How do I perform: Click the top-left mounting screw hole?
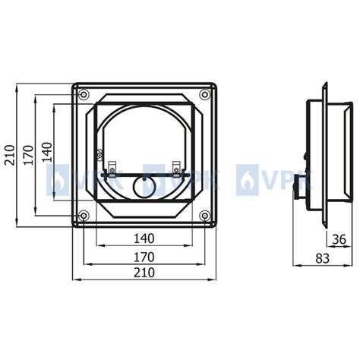tap(84, 95)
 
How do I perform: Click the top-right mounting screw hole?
tap(204, 95)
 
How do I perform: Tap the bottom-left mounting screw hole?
tap(84, 216)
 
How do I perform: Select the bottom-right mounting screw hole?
tap(204, 216)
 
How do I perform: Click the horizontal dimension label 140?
tap(144, 238)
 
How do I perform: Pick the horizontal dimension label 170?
tap(144, 257)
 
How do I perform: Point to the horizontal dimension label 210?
tap(144, 273)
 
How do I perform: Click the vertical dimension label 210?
tap(9, 155)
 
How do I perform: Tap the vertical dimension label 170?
tap(28, 155)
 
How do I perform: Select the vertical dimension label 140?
tap(47, 152)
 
